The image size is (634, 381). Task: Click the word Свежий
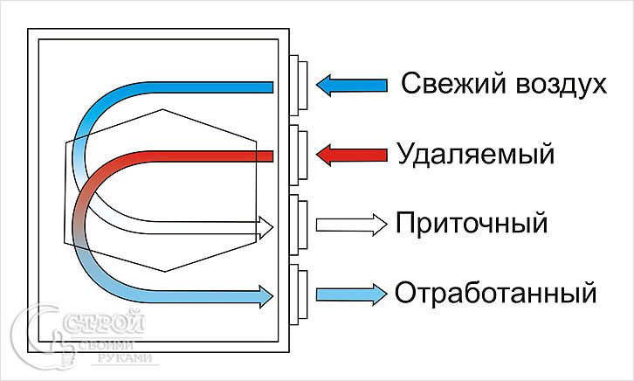click(x=449, y=85)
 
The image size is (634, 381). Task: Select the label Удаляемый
click(x=475, y=156)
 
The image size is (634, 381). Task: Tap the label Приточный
click(x=472, y=223)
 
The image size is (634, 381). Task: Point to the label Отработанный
click(x=495, y=292)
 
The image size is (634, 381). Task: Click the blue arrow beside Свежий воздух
click(x=351, y=85)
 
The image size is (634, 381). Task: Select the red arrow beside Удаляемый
click(x=351, y=156)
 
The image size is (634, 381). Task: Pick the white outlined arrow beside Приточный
click(x=350, y=223)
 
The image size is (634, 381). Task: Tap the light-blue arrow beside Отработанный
click(x=350, y=292)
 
